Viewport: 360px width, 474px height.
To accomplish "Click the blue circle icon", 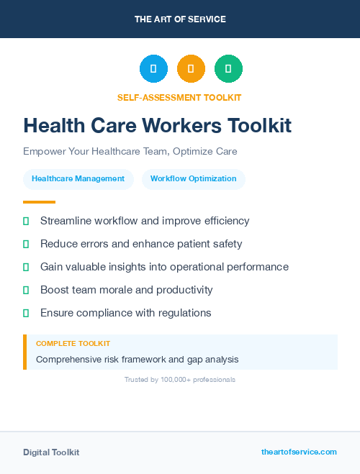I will [x=153, y=69].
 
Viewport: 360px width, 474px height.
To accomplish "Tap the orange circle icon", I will [x=191, y=69].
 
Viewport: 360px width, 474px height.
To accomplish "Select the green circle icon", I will [x=228, y=69].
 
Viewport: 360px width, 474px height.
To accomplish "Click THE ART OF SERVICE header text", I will [x=180, y=19].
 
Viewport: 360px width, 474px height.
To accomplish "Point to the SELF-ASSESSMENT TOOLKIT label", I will [x=179, y=97].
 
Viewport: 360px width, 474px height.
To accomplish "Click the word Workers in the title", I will [x=182, y=126].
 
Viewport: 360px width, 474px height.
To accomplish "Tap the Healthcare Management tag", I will [x=78, y=179].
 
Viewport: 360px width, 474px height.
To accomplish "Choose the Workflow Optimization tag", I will [x=193, y=179].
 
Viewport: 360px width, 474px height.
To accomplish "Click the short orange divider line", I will [x=39, y=202].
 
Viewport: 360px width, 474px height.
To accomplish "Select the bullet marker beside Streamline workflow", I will [x=26, y=221].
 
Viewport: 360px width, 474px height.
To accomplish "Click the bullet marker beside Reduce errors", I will [x=26, y=244].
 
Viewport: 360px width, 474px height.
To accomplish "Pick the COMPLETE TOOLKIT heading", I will [x=73, y=344].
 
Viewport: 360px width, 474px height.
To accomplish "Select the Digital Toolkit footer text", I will [x=51, y=452].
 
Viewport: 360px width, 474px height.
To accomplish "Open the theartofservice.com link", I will [x=299, y=452].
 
